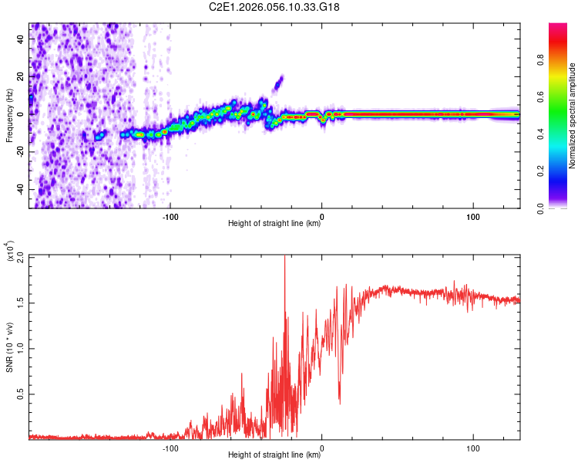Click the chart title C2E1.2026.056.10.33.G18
(x=274, y=8)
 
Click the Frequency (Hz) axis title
(x=9, y=116)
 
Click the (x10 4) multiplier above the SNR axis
(x=10, y=251)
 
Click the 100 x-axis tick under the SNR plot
(x=472, y=447)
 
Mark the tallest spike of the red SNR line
(x=285, y=258)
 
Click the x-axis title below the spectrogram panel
(x=274, y=224)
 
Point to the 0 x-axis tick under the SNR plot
(x=321, y=447)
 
